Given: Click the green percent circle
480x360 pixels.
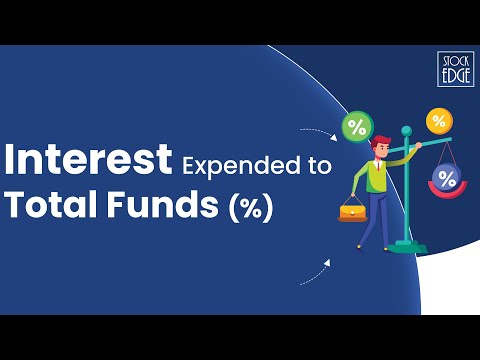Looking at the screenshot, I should pyautogui.click(x=356, y=127).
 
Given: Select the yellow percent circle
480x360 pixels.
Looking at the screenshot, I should pyautogui.click(x=439, y=121).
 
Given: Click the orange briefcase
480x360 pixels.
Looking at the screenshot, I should pyautogui.click(x=352, y=212).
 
